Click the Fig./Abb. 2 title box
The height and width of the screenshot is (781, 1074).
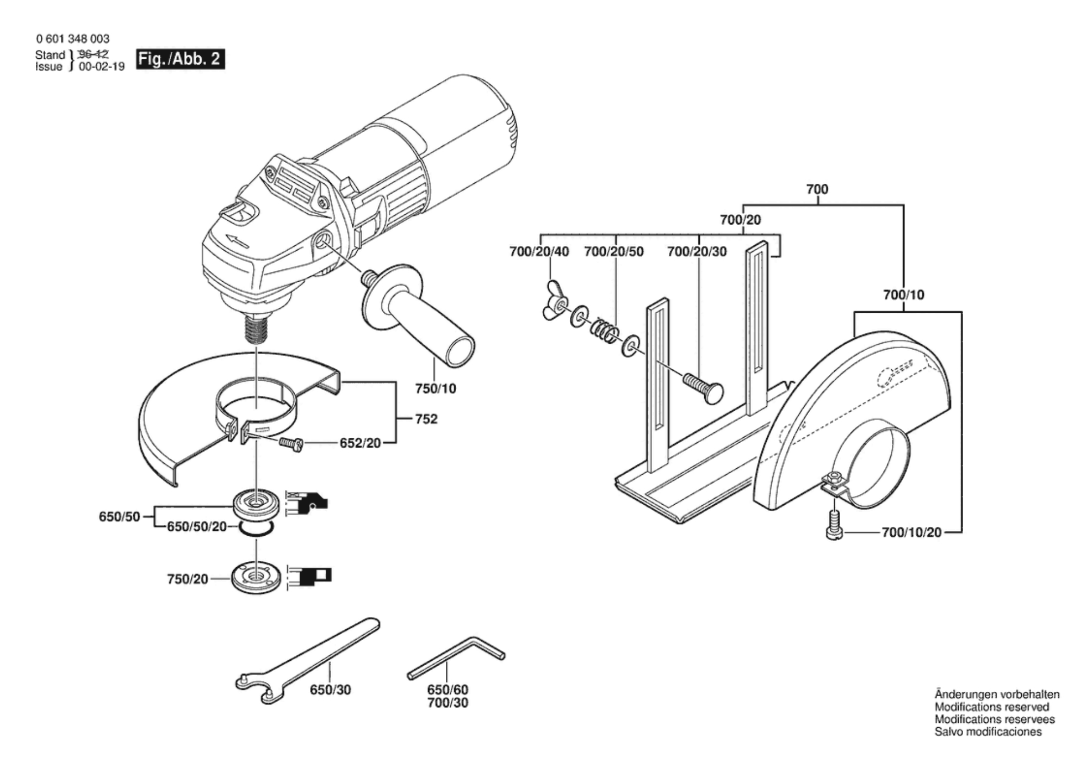coord(181,59)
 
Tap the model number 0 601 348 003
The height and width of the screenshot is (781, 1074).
coord(73,39)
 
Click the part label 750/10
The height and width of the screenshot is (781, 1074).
coord(435,388)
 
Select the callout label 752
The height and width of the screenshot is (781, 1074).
coord(426,419)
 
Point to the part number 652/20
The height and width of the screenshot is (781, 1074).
coord(360,443)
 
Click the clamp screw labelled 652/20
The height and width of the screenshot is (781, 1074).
coord(291,444)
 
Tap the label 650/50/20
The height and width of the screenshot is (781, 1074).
coord(196,526)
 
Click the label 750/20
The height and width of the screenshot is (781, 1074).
coord(188,579)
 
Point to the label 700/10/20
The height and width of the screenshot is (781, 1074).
coord(911,532)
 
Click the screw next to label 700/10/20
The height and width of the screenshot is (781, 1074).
coord(834,525)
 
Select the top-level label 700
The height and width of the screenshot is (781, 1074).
coord(817,189)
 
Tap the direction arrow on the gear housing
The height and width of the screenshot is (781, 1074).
coord(237,242)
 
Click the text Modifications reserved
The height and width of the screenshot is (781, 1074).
coord(992,706)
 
